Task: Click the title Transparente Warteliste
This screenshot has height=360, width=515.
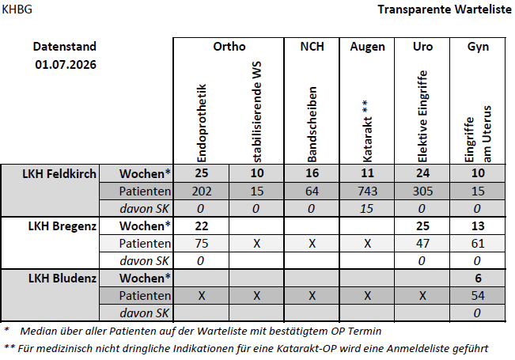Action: [445, 9]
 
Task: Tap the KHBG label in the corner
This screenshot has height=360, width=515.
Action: [17, 9]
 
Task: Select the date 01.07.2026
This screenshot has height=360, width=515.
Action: [66, 64]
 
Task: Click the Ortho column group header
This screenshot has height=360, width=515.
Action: [229, 47]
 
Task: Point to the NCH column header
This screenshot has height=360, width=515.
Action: [312, 47]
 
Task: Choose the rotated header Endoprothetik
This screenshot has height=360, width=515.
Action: [202, 123]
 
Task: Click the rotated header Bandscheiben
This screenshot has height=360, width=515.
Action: [312, 124]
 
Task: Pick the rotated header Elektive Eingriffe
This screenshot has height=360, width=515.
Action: [422, 116]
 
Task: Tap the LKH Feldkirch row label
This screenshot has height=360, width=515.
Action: [59, 174]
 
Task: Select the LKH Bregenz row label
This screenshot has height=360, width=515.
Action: [62, 226]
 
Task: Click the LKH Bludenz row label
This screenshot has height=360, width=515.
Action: [62, 279]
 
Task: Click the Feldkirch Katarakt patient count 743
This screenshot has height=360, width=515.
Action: [367, 191]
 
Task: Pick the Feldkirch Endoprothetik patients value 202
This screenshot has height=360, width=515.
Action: [202, 191]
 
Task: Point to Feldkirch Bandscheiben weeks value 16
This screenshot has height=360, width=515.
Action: [312, 173]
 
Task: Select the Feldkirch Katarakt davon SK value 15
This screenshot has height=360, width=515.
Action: [366, 209]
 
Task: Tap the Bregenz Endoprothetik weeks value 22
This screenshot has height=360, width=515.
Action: [202, 226]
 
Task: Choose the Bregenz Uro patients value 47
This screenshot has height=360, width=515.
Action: [422, 244]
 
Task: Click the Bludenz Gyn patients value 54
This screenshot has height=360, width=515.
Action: [478, 296]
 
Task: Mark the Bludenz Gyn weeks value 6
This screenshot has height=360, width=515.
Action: [478, 279]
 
